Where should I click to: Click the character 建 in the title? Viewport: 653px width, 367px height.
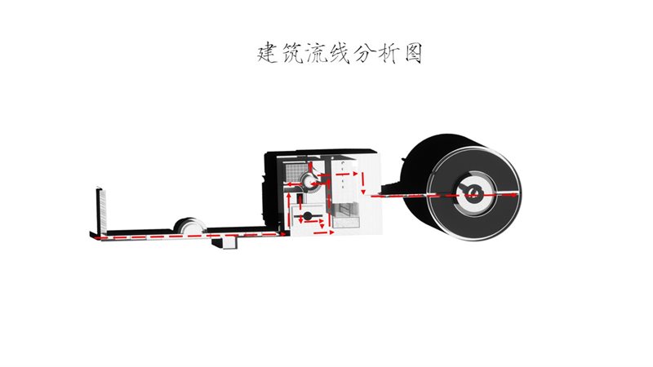tap(268, 53)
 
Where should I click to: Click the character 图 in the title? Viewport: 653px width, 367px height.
tap(413, 53)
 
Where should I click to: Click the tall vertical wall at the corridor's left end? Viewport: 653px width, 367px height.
tap(100, 212)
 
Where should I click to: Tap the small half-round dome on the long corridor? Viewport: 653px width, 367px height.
tap(190, 226)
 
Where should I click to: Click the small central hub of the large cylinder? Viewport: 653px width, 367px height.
tap(473, 192)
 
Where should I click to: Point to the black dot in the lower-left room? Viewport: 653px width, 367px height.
tap(308, 216)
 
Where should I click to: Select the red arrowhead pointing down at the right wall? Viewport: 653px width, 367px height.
tap(363, 191)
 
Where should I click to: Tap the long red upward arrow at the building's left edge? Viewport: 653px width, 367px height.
tap(289, 208)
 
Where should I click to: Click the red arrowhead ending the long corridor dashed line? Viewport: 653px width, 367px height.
tap(283, 235)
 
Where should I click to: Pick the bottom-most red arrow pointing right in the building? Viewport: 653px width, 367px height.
tap(323, 232)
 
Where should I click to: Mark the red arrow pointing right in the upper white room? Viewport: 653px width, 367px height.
tap(346, 174)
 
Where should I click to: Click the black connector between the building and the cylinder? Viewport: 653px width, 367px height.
tap(392, 188)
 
